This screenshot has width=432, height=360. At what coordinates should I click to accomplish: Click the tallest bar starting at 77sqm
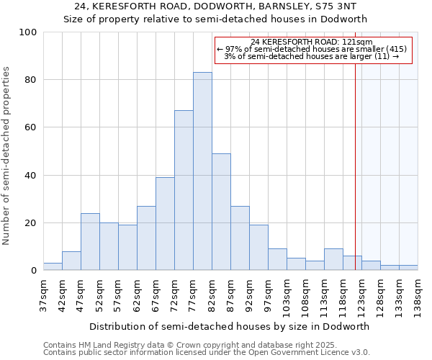pyautogui.click(x=202, y=171)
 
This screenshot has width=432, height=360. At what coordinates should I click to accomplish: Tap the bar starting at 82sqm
pyautogui.click(x=221, y=212)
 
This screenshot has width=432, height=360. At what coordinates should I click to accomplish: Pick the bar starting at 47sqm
pyautogui.click(x=90, y=241)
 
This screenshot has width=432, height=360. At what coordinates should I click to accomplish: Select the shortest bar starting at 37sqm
pyautogui.click(x=53, y=266)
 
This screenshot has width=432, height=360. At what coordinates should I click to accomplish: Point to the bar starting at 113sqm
pyautogui.click(x=333, y=259)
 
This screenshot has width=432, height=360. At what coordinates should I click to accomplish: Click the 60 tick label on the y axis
pyautogui.click(x=31, y=127)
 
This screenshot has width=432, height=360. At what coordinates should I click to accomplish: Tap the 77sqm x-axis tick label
pyautogui.click(x=193, y=294)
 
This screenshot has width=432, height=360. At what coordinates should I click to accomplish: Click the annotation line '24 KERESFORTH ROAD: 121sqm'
pyautogui.click(x=312, y=42)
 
